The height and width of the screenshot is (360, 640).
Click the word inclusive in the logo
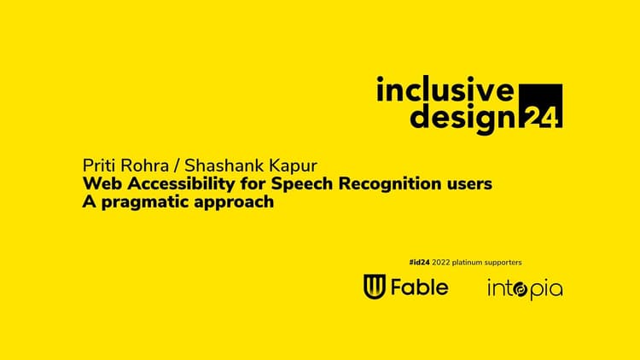tap(445, 90)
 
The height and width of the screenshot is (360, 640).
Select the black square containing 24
tap(540, 106)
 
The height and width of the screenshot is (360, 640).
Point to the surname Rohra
tap(144, 165)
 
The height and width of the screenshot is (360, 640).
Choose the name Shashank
tap(218, 165)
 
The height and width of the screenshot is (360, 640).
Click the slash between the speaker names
tap(177, 166)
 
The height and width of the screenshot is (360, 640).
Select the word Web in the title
tap(102, 183)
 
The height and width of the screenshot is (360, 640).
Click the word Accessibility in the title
tap(181, 184)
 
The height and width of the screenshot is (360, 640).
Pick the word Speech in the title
tap(302, 184)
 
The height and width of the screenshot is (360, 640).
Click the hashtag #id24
tap(419, 263)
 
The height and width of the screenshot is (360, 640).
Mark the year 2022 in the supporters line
tap(441, 263)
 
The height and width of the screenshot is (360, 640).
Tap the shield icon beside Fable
tap(375, 287)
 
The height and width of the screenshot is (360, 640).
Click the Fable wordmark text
tap(420, 287)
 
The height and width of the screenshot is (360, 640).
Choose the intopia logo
tap(526, 289)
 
